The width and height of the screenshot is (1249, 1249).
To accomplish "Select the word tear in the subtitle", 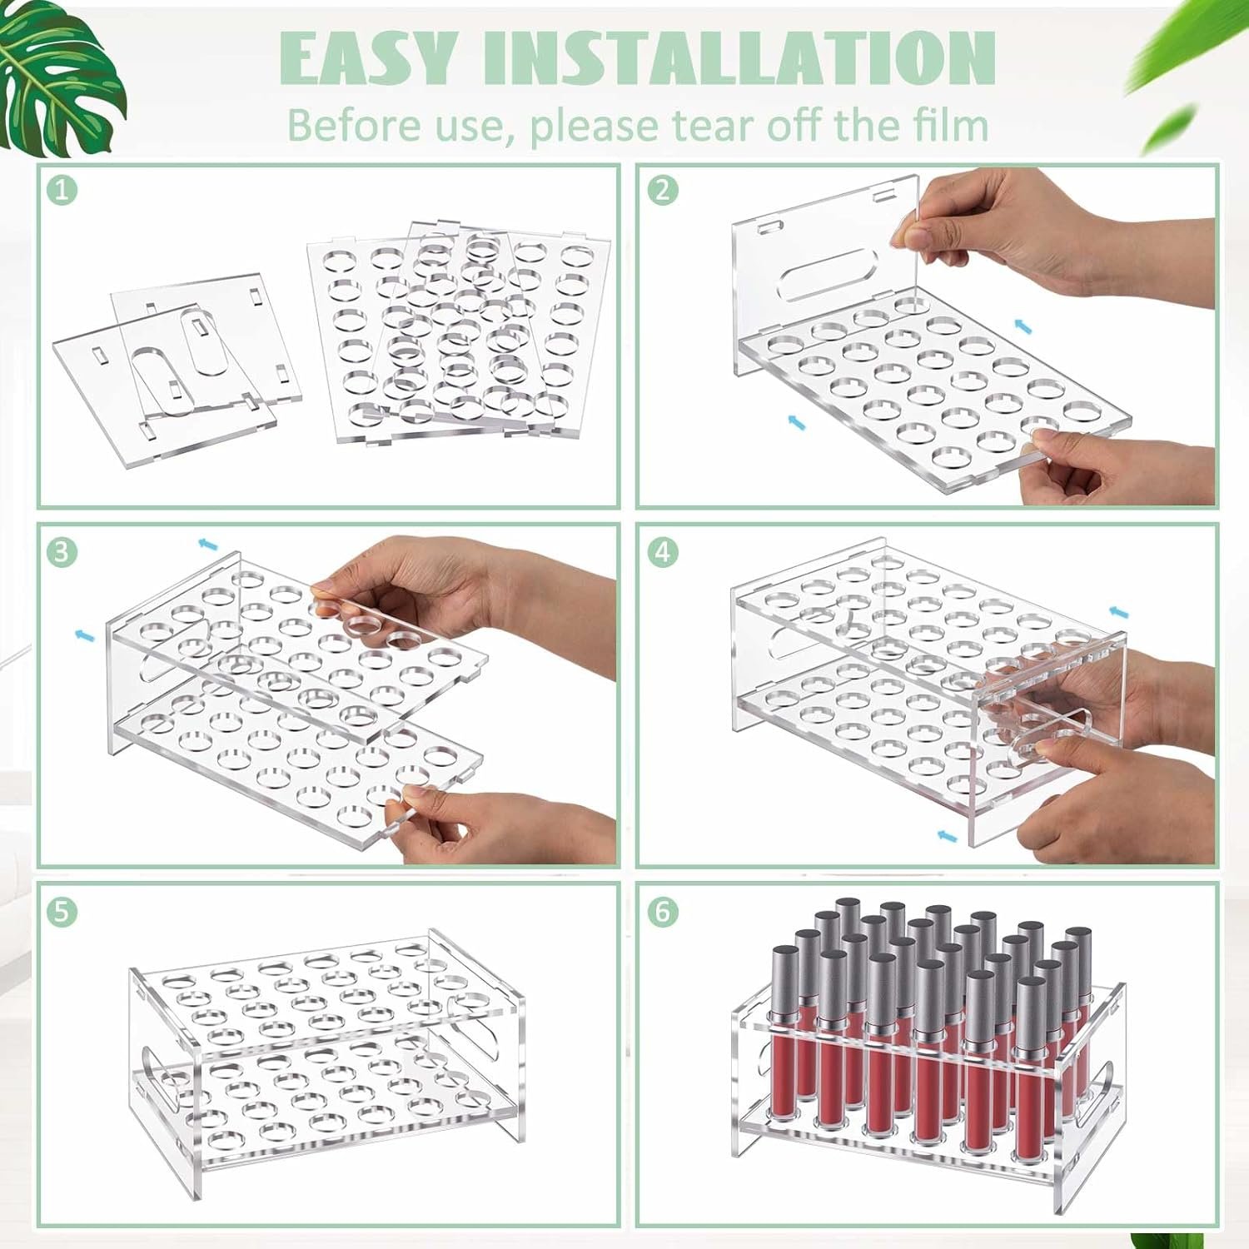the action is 717,127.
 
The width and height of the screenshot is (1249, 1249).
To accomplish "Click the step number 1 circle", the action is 62,191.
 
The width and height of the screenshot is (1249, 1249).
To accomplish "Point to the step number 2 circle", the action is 662,191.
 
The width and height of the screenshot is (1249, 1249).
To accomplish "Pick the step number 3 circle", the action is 62,550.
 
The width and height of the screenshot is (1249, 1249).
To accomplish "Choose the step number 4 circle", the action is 662,550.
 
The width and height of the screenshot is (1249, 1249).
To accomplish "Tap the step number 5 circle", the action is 62,911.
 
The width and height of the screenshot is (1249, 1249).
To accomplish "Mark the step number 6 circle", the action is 662,911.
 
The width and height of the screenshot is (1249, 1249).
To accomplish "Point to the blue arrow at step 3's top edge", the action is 207,545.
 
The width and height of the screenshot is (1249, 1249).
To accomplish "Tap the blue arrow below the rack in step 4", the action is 945,833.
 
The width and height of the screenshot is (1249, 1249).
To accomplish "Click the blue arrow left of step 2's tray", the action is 796,423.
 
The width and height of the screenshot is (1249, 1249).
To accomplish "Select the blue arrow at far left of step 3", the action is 84,635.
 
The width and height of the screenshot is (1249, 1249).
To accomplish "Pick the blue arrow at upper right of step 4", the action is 1120,613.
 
